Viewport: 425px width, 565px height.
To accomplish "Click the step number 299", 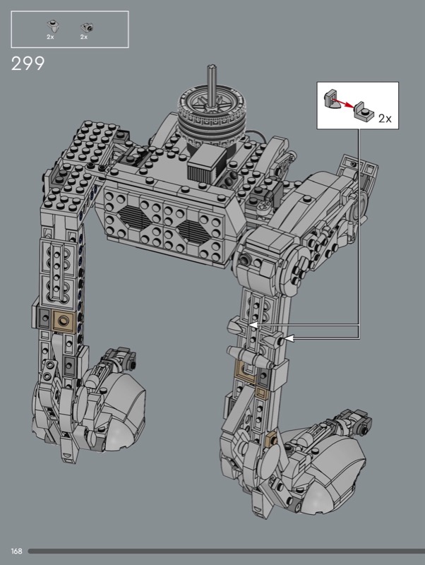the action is (28, 64).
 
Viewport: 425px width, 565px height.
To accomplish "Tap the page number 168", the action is (16, 551).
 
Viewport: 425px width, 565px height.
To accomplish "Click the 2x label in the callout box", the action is (385, 118).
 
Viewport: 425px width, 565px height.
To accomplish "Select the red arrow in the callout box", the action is (342, 102).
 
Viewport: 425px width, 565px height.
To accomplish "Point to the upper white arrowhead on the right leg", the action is (253, 325).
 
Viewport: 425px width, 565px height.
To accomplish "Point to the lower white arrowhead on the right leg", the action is (290, 338).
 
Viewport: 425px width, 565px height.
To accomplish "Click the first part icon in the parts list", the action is (52, 26).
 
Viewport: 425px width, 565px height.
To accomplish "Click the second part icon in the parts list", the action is (86, 27).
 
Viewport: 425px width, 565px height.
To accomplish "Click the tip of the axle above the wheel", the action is (211, 66).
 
